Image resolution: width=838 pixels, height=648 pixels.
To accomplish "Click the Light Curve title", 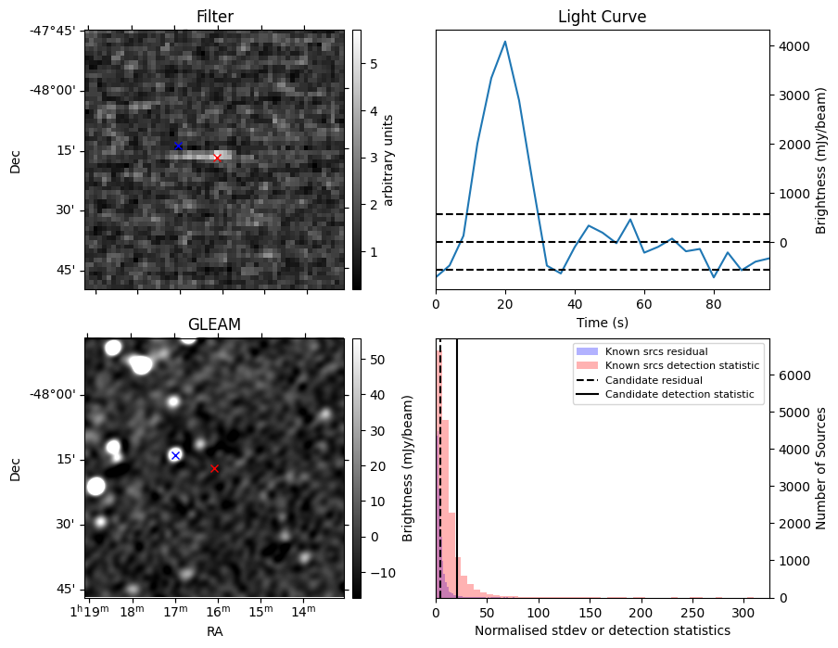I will [x=602, y=17].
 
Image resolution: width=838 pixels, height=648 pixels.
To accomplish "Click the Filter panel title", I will [x=214, y=17].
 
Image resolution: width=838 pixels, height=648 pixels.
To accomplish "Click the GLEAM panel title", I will [x=214, y=324].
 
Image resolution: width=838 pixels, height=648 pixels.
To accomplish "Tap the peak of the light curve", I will [x=505, y=42].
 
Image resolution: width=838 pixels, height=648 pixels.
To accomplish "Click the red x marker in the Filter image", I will [x=217, y=158].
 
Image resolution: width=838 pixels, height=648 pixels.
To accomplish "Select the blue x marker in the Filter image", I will [x=178, y=146].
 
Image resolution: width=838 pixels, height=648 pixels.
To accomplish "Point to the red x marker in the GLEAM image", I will [x=214, y=468].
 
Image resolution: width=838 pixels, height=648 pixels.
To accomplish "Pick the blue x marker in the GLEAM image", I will [x=175, y=455].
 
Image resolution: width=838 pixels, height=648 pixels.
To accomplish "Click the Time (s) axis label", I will [x=602, y=320].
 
